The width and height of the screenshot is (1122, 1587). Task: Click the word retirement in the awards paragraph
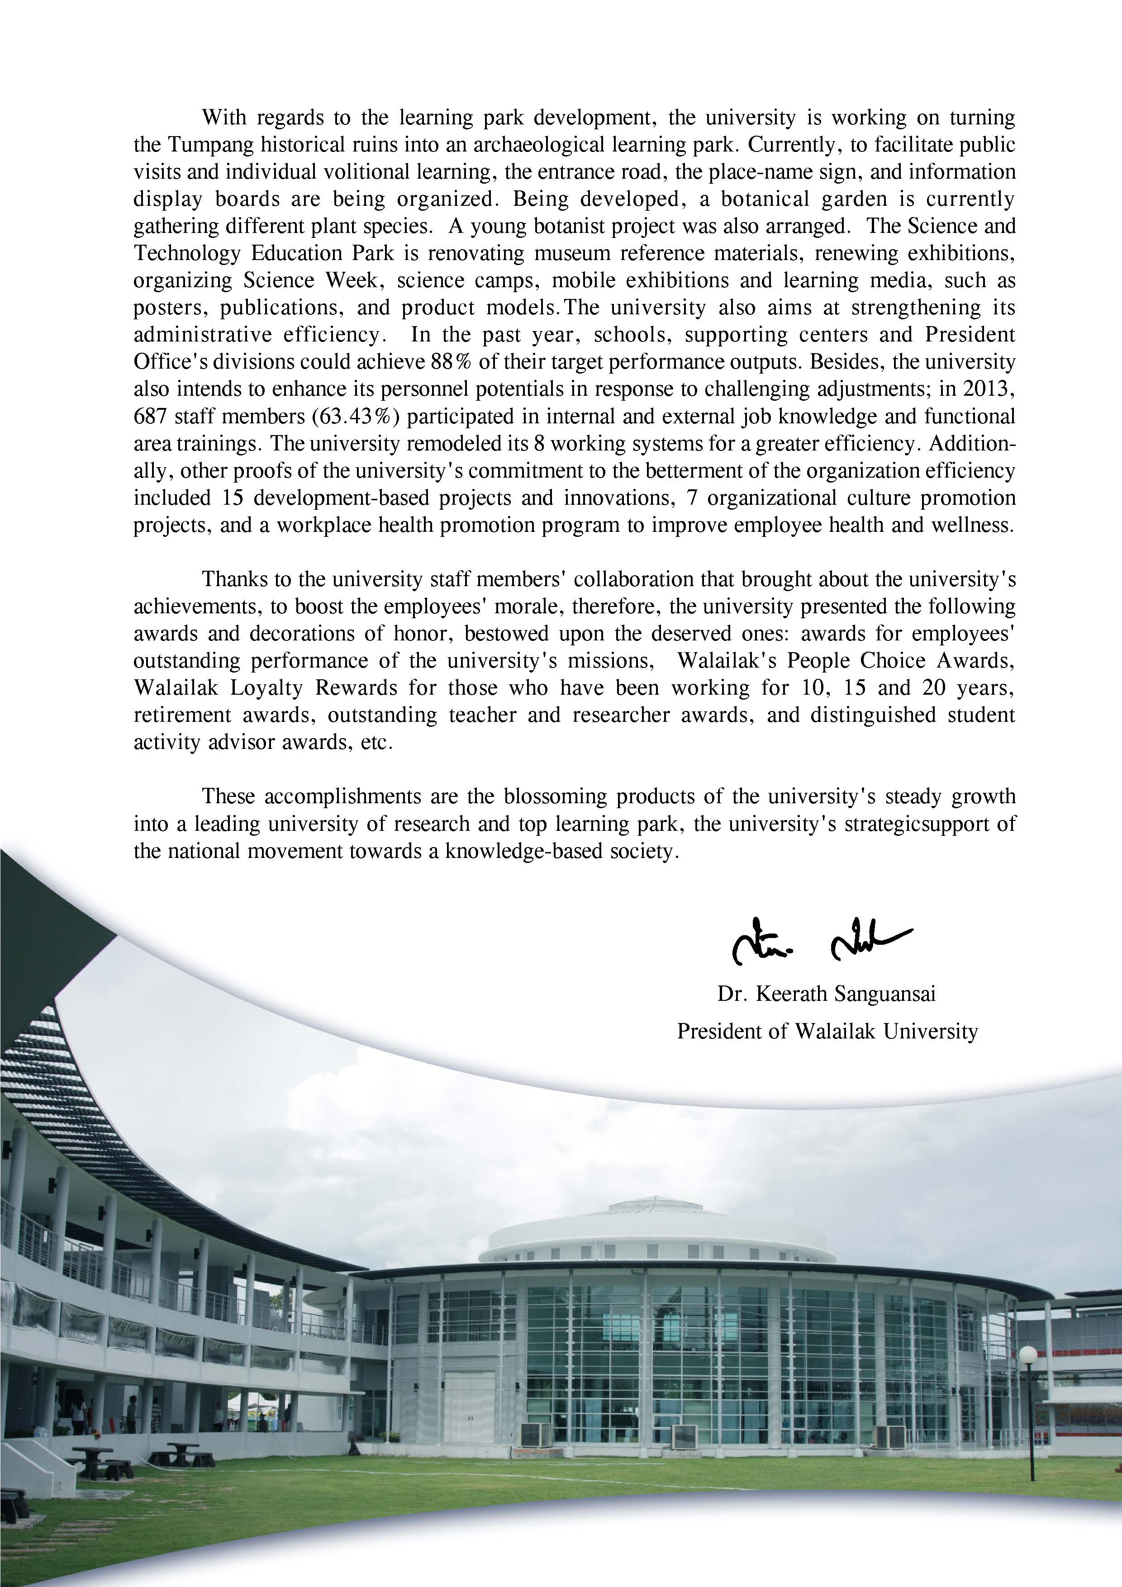point(182,715)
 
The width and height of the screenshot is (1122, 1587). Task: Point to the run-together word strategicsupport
point(931,824)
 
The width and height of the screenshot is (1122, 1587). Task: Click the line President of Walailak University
point(827,1031)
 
